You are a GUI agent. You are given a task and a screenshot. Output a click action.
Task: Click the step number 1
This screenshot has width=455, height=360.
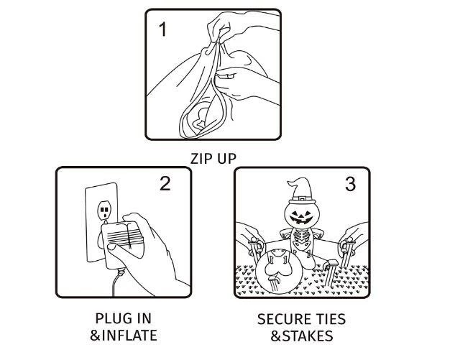pyautogui.click(x=163, y=29)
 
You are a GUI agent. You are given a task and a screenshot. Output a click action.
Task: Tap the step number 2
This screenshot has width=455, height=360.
pyautogui.click(x=165, y=183)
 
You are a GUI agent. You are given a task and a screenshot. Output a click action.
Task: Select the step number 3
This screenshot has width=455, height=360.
pyautogui.click(x=350, y=184)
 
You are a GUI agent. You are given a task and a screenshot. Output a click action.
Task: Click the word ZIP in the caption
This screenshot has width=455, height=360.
pyautogui.click(x=201, y=159)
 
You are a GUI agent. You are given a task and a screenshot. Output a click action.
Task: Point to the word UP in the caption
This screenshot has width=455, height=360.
pyautogui.click(x=226, y=159)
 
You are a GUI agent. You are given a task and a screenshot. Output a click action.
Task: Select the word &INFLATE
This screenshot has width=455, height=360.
pyautogui.click(x=124, y=335)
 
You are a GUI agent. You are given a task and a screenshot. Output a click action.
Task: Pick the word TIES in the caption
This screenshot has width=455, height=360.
pyautogui.click(x=331, y=319)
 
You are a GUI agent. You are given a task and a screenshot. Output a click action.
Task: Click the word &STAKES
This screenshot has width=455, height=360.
pyautogui.click(x=302, y=336)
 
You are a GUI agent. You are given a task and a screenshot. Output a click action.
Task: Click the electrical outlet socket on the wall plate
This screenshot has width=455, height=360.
pyautogui.click(x=104, y=209)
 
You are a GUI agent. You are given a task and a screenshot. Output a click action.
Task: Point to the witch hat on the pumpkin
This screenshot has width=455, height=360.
pyautogui.click(x=302, y=191)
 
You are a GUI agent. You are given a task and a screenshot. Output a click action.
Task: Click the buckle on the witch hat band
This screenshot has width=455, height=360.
pyautogui.click(x=302, y=199)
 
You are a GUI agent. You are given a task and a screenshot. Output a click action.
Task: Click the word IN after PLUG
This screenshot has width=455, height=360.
pyautogui.click(x=144, y=318)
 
